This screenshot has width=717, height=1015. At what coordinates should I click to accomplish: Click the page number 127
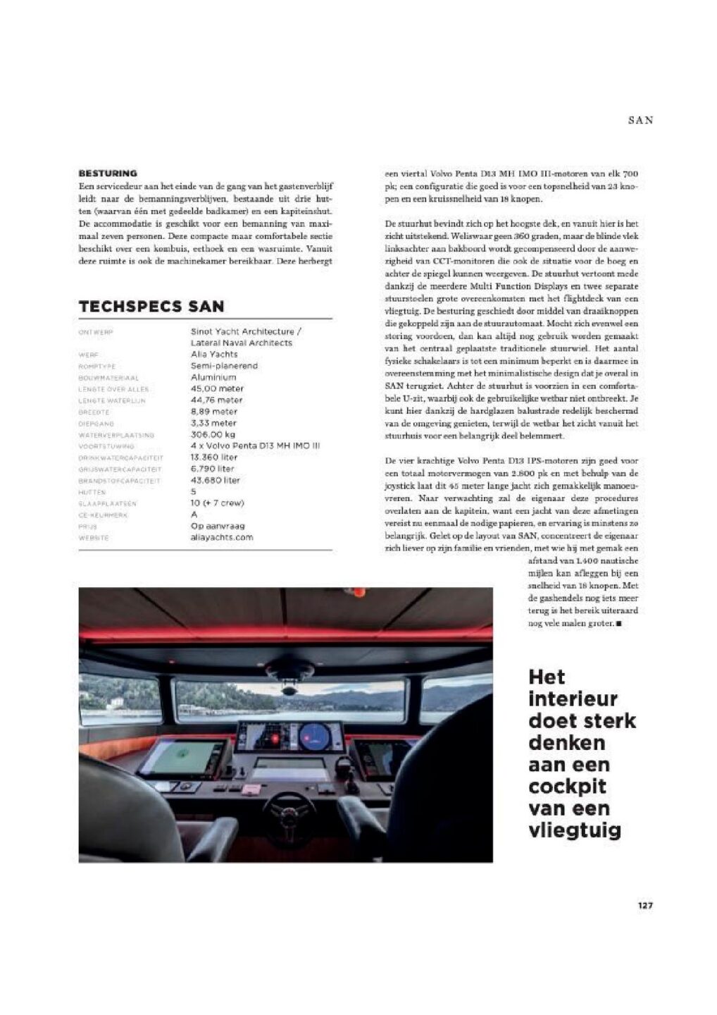coord(645,905)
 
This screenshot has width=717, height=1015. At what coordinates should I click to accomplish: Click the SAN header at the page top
coord(640,121)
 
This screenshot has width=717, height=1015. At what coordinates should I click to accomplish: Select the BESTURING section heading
coord(108,173)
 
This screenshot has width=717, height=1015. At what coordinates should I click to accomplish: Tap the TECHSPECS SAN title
coord(151,307)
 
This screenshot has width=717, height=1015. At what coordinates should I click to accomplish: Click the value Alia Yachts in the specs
coord(214,355)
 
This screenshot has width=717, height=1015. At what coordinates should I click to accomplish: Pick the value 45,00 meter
coord(217,388)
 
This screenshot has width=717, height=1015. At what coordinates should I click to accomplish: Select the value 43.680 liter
coord(215,480)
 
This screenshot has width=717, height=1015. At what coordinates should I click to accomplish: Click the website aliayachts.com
coord(221,537)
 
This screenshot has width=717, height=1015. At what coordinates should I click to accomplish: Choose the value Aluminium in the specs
coord(213,377)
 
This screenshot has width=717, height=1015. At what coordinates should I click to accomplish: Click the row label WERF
coord(89,355)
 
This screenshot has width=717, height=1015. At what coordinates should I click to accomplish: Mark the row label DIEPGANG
coord(96,424)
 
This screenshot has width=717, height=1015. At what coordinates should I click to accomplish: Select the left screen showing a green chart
coord(182,757)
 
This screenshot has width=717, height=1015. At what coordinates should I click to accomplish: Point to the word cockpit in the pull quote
coord(567,787)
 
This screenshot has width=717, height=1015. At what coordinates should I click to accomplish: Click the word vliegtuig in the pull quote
coord(575,830)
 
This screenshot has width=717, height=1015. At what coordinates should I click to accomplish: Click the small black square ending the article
coord(618,624)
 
